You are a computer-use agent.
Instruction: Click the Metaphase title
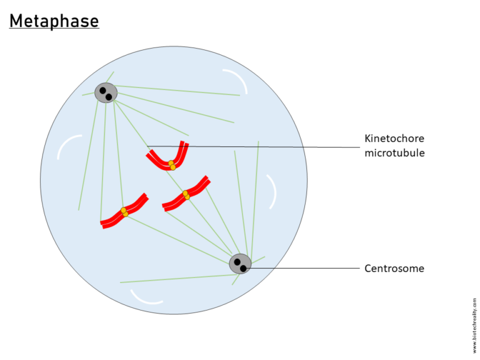tap(54, 21)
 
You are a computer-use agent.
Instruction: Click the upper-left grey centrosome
tap(106, 93)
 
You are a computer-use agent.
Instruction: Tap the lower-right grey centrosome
tap(240, 264)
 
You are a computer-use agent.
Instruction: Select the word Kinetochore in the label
tap(394, 138)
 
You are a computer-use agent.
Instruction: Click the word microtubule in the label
tap(394, 152)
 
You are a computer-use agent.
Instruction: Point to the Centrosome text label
tap(394, 269)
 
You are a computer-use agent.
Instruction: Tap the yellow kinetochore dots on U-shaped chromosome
tap(172, 165)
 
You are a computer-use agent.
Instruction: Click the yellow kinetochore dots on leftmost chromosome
tap(124, 212)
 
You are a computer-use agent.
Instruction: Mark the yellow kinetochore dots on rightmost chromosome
tap(186, 195)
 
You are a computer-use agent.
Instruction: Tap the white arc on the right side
tap(271, 191)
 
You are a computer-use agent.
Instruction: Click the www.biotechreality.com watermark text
tap(474, 325)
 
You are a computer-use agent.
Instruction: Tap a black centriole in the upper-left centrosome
tap(102, 91)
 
